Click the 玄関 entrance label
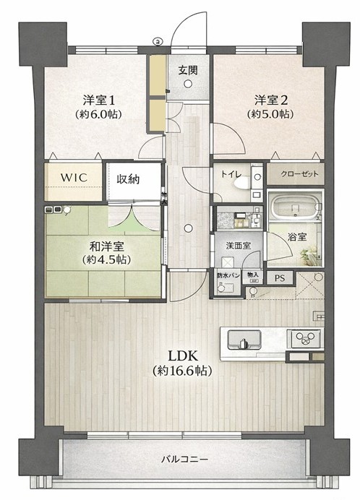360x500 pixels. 188,70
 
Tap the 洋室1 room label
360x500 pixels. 98,100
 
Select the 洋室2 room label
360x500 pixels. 271,100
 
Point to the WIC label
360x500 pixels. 74,177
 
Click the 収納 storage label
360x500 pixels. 128,179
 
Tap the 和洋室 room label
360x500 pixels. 106,246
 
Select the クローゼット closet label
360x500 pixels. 300,174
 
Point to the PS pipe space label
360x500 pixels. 280,278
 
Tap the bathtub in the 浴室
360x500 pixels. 295,207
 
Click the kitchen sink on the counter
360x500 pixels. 244,340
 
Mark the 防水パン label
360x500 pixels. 228,275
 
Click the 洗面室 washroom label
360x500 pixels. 238,246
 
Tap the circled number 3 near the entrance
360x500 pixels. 158,40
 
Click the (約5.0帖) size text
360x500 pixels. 270,114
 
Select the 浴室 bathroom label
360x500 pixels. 297,237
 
